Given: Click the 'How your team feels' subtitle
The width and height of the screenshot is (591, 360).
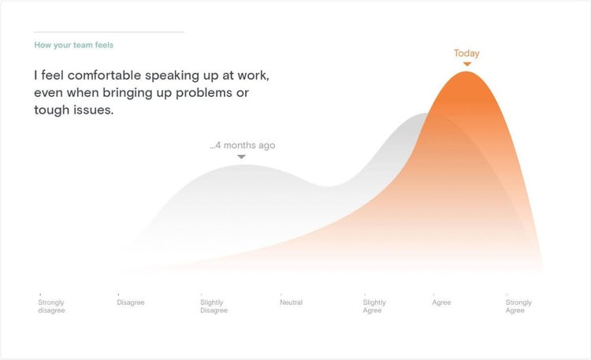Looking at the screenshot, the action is [74, 45].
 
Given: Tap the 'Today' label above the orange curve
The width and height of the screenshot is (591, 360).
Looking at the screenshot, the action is [466, 53].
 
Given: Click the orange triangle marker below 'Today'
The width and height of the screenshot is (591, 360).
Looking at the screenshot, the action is [467, 64].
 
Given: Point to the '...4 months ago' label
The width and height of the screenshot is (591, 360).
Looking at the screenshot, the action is [243, 145].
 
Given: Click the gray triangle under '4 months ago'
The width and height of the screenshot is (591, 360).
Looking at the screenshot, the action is [242, 157].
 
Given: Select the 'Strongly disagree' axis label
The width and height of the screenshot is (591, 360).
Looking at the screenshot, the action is [51, 306].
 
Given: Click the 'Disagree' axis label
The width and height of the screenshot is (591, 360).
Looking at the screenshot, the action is [130, 302].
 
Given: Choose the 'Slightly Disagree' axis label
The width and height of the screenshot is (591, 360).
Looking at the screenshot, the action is [214, 306].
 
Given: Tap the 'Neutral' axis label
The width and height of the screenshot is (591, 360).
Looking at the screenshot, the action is [291, 302].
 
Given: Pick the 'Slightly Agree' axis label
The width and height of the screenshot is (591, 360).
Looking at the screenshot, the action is [374, 306].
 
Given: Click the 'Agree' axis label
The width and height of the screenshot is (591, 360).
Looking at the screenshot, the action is [441, 302].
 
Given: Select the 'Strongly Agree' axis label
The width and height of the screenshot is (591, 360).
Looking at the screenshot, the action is [519, 306].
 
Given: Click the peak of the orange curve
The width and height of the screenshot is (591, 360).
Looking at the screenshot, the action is [466, 72].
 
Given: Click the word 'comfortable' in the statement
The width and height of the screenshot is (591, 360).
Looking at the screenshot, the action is [104, 76].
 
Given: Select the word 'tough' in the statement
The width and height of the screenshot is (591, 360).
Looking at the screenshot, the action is [50, 110].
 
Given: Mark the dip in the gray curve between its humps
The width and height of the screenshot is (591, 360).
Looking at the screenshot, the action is [327, 187].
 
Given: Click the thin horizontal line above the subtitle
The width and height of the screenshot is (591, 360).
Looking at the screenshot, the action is [109, 32].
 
